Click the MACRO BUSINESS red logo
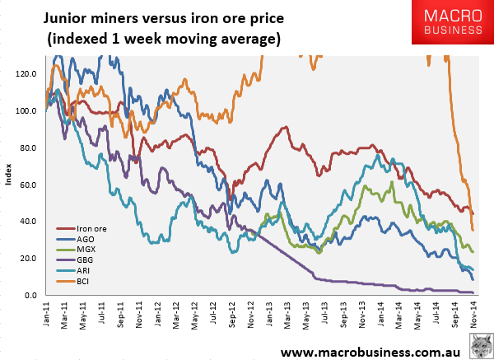(x=453, y=21)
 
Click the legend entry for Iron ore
(x=82, y=229)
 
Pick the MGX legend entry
(x=76, y=250)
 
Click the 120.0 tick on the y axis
(x=26, y=74)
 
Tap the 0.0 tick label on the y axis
(x=30, y=296)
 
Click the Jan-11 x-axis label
(x=46, y=314)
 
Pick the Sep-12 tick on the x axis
(x=232, y=315)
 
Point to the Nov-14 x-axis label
(x=474, y=315)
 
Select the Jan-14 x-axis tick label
(x=381, y=314)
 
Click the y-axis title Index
(x=8, y=175)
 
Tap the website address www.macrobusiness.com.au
(x=370, y=352)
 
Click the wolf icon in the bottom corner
(x=482, y=347)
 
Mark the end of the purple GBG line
(x=473, y=292)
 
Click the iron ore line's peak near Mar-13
(x=286, y=127)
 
